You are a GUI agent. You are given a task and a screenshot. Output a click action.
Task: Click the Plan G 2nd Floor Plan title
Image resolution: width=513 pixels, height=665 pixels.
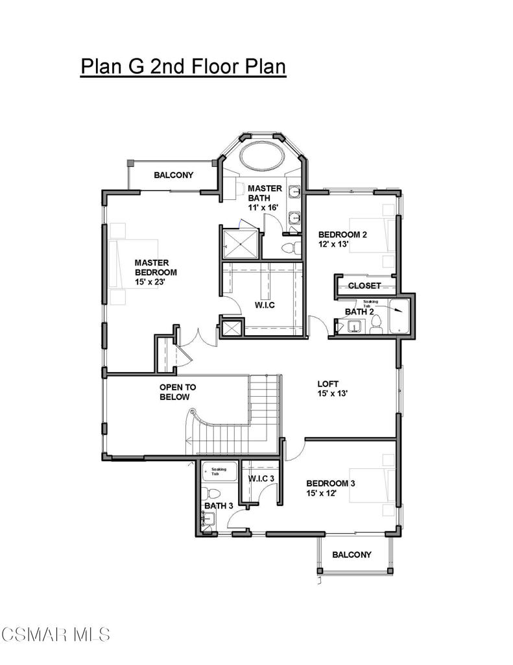click(183, 67)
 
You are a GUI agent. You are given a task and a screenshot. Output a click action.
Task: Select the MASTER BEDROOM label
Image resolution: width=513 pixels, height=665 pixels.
click(156, 268)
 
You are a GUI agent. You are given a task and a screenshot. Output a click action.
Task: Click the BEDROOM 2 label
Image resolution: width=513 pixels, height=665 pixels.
click(342, 234)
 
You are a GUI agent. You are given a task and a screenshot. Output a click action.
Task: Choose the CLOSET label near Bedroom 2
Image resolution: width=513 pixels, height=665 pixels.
click(364, 286)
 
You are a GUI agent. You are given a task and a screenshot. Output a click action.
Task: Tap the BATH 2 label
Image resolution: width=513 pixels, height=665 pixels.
click(359, 312)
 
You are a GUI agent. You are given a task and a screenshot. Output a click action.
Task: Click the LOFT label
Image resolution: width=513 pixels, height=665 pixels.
click(328, 383)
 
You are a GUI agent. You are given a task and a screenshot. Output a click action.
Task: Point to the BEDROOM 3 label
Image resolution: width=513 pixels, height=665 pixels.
click(330, 483)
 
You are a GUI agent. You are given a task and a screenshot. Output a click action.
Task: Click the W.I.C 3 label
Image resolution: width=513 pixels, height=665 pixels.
click(262, 479)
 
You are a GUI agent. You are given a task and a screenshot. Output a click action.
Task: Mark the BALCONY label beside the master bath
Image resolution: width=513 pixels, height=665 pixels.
click(174, 175)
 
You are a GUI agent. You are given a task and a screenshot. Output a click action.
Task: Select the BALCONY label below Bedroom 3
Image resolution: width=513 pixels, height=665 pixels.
click(352, 555)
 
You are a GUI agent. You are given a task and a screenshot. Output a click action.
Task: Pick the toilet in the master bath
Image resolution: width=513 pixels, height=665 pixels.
click(292, 247)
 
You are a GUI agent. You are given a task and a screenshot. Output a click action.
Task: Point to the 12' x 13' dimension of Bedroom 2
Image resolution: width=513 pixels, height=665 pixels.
click(333, 245)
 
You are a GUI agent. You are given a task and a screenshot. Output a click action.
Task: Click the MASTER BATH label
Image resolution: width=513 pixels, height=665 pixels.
click(265, 193)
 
